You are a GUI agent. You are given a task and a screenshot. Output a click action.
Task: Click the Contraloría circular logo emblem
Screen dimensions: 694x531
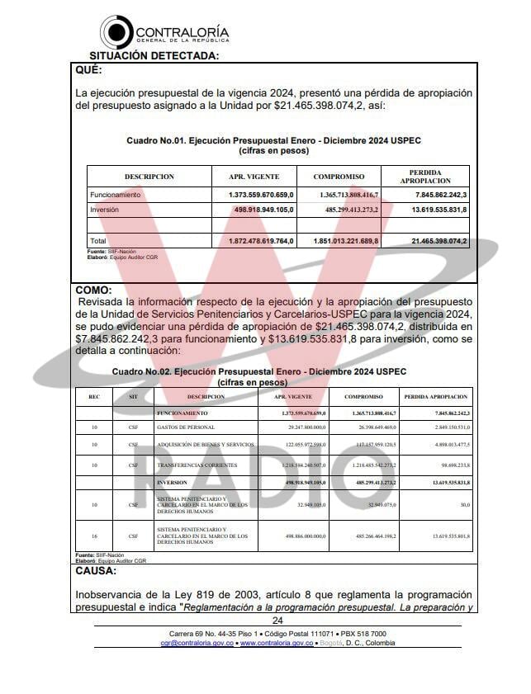click(x=116, y=31)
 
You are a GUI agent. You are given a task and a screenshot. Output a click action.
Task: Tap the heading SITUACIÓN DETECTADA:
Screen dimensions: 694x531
click(x=154, y=56)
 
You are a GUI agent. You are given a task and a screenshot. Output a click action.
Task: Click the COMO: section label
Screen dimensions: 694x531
click(x=94, y=290)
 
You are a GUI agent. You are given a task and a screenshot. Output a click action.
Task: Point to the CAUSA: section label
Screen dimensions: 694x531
click(x=96, y=570)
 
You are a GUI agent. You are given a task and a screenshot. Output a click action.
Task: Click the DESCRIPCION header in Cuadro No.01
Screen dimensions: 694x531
click(x=149, y=177)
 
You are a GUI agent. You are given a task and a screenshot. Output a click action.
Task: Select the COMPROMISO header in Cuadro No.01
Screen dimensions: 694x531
click(x=339, y=177)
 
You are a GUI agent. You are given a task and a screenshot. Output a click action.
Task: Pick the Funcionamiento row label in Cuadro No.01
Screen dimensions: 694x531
click(x=116, y=195)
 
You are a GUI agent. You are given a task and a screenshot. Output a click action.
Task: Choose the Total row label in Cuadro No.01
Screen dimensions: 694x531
click(x=99, y=241)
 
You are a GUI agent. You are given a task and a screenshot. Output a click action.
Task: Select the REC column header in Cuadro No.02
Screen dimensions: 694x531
click(x=94, y=397)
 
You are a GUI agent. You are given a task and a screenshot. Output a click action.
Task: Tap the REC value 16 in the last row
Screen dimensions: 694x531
click(x=94, y=536)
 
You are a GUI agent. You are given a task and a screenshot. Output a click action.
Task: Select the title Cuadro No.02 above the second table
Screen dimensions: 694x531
click(x=258, y=371)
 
